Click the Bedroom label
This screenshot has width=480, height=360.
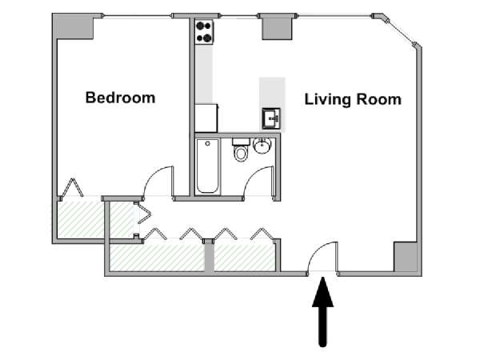(120, 98)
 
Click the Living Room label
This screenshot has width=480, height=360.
(353, 99)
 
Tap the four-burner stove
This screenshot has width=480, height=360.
(204, 31)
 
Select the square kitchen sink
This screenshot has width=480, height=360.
(271, 118)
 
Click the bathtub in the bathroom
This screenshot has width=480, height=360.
(207, 166)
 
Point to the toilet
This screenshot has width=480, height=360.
(242, 150)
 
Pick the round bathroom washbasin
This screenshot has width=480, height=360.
(262, 146)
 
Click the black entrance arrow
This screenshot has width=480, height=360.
(322, 312)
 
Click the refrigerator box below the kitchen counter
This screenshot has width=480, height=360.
(206, 118)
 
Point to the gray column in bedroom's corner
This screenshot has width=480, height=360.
(74, 26)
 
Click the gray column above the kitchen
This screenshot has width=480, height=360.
(277, 27)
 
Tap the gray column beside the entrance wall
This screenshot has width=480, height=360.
(405, 257)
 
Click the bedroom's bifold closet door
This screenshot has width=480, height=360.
(72, 188)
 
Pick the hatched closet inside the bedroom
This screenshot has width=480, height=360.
(80, 219)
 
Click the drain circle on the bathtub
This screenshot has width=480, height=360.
(208, 143)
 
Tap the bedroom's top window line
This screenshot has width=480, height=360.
(137, 16)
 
